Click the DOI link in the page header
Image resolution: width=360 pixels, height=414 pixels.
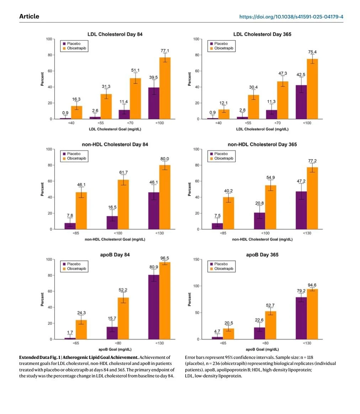point(291,17)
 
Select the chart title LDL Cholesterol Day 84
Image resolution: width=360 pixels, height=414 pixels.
point(115,34)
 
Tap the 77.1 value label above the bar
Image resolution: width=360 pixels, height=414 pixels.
point(165,51)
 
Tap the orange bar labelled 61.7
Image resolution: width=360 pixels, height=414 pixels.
point(123,205)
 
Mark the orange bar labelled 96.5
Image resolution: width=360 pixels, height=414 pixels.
point(165,301)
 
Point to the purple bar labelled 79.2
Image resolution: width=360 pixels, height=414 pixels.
point(301,318)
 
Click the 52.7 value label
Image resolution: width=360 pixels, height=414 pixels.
point(270,306)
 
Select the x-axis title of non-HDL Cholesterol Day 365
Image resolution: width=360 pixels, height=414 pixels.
point(262,240)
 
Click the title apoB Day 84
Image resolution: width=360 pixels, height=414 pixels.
point(115,255)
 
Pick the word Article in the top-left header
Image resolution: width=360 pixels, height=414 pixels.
point(29,17)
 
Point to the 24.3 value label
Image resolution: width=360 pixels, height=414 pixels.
point(81,313)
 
